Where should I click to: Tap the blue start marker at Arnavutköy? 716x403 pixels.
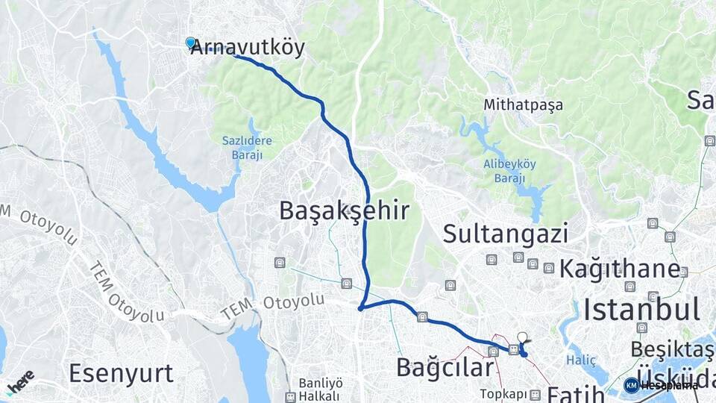[x=191, y=43]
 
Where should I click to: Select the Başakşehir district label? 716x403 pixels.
[x=344, y=210]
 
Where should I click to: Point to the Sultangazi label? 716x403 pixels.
[x=506, y=234]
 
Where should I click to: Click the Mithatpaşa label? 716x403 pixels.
[x=523, y=105]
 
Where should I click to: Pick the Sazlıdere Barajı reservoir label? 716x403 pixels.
[x=247, y=146]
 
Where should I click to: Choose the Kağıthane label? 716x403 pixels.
[x=620, y=269]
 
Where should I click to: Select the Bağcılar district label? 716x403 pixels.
[x=445, y=367]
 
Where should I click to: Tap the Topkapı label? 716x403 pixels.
[x=503, y=393]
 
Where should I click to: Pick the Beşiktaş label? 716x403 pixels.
[x=671, y=349]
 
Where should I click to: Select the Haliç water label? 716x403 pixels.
[x=581, y=360]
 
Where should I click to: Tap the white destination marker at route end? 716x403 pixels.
[x=522, y=337]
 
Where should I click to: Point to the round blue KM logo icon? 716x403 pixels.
[x=632, y=385]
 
